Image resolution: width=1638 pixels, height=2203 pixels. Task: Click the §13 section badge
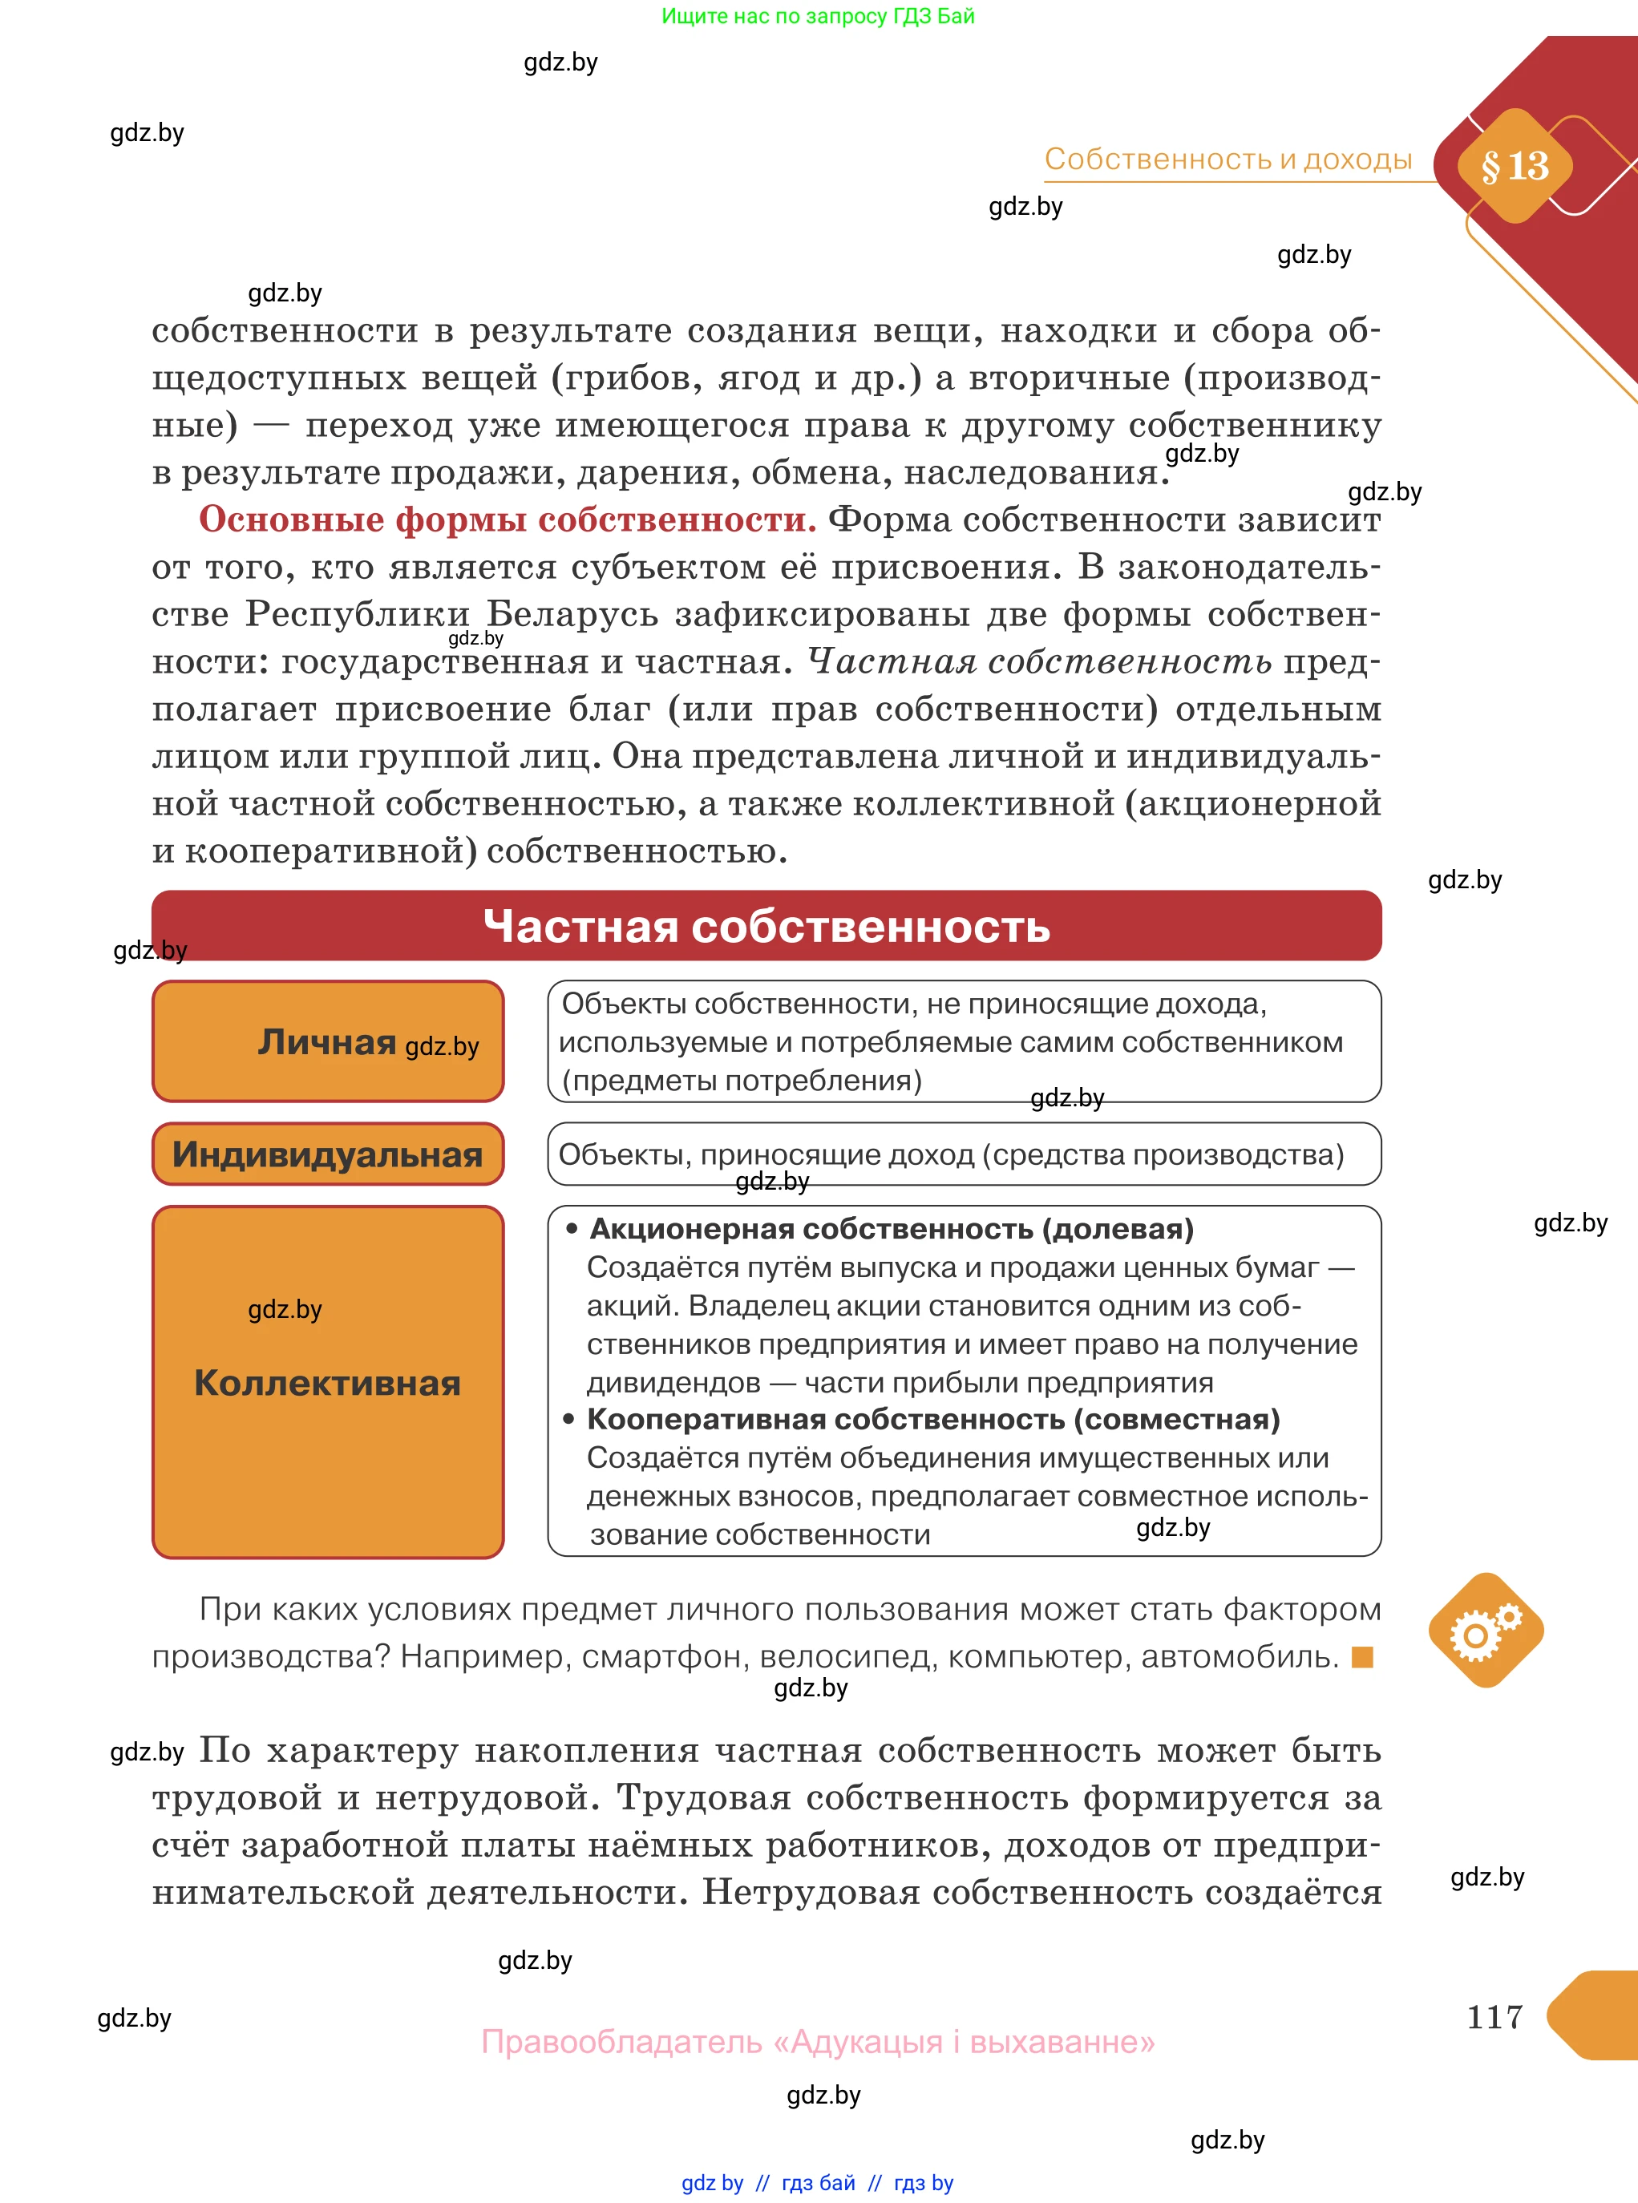tap(1514, 166)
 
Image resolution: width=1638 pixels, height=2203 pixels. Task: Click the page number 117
tap(1494, 2015)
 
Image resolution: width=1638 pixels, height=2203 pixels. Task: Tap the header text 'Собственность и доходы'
tap(1227, 160)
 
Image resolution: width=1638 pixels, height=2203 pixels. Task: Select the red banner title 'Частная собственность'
tap(766, 926)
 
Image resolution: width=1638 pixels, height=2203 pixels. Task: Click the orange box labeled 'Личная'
tap(327, 1041)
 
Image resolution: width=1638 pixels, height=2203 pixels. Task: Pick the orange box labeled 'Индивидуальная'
tap(327, 1154)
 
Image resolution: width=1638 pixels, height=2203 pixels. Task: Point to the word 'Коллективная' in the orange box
tap(327, 1382)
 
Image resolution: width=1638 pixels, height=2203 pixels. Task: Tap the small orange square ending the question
tap(1362, 1657)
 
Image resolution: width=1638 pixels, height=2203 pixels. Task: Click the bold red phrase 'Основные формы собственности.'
tap(508, 519)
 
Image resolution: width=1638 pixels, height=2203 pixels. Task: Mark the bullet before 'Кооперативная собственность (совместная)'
tap(569, 1420)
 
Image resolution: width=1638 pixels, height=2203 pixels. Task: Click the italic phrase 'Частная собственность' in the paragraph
tap(1039, 661)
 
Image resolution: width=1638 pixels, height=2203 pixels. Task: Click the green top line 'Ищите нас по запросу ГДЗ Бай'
tap(818, 16)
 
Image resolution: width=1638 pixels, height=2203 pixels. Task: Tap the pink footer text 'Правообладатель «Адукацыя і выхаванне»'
tap(818, 2041)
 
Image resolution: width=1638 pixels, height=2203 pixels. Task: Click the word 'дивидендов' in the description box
tap(673, 1382)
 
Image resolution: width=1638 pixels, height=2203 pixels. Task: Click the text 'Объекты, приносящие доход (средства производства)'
tap(951, 1154)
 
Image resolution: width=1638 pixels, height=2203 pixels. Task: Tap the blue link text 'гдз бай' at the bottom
tap(818, 2182)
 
